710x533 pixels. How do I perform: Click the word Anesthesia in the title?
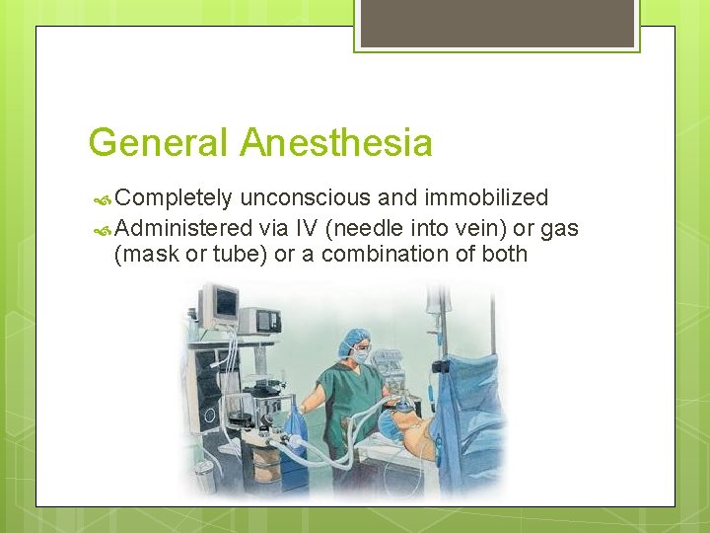click(x=336, y=143)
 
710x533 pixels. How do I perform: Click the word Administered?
click(x=183, y=228)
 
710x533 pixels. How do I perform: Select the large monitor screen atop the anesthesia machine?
click(x=219, y=303)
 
